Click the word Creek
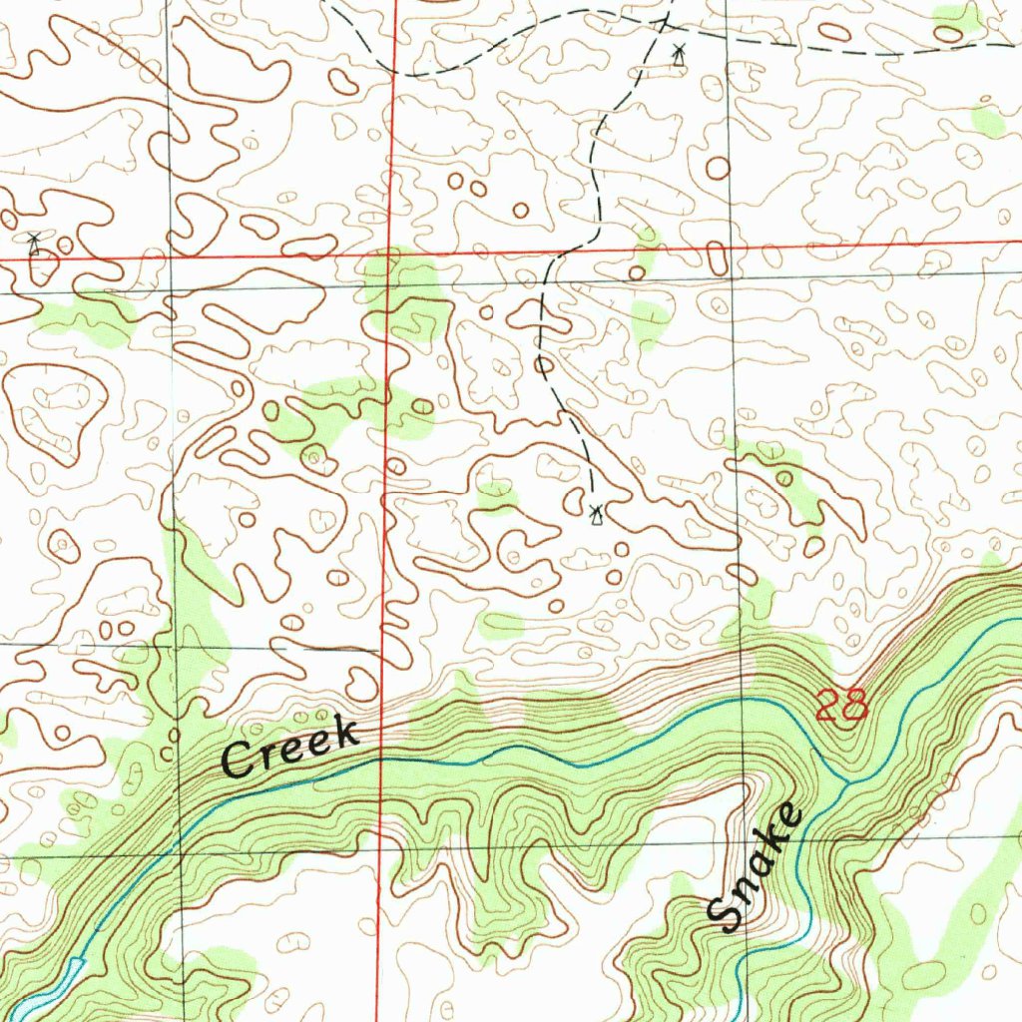289,748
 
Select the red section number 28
841,706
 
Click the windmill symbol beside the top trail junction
679,54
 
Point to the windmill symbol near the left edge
34,243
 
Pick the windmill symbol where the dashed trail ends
597,515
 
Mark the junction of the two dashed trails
664,19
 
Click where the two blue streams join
846,779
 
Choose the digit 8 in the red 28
855,706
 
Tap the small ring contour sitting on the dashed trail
543,365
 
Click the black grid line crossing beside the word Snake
742,837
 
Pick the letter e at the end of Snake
790,820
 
